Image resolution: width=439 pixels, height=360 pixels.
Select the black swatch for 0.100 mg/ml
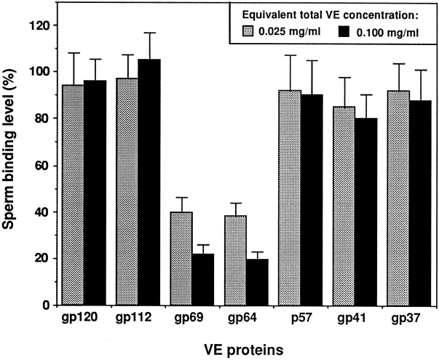[x=348, y=32]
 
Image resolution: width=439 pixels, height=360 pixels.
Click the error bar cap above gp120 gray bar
[x=73, y=53]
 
